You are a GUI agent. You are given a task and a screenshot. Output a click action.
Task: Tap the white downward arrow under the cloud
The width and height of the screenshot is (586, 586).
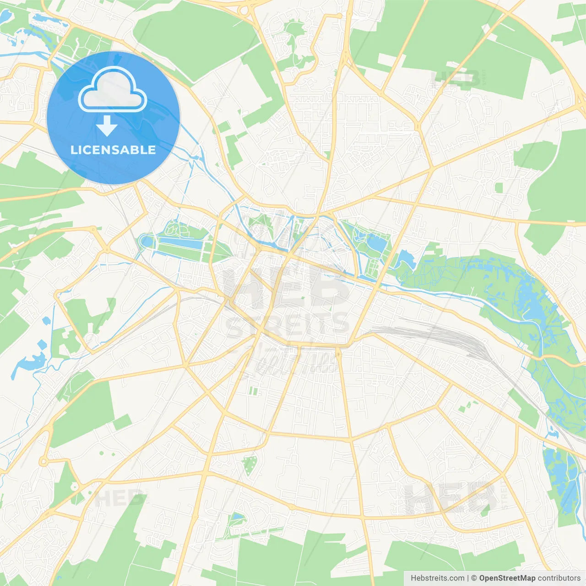(107, 126)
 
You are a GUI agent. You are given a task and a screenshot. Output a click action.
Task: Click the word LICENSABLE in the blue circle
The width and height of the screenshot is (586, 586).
(113, 150)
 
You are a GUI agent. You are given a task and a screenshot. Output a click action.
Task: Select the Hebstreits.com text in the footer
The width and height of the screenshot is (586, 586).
(437, 578)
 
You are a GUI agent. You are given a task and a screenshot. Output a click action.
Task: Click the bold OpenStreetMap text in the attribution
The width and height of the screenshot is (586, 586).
(507, 578)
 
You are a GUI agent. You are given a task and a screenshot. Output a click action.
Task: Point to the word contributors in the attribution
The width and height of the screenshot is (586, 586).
(559, 578)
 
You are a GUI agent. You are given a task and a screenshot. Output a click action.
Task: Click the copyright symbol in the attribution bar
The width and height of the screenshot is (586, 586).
(474, 578)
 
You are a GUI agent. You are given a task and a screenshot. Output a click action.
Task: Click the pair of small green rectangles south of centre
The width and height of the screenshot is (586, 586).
(254, 391)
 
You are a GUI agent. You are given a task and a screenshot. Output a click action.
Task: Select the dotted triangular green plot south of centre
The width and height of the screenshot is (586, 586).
(250, 465)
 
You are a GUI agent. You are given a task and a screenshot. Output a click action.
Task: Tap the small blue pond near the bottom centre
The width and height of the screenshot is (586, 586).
(237, 517)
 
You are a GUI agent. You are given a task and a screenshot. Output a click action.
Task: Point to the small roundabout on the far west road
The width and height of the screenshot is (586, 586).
(43, 461)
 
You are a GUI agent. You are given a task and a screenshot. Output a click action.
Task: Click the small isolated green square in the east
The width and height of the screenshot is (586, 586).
(499, 187)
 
